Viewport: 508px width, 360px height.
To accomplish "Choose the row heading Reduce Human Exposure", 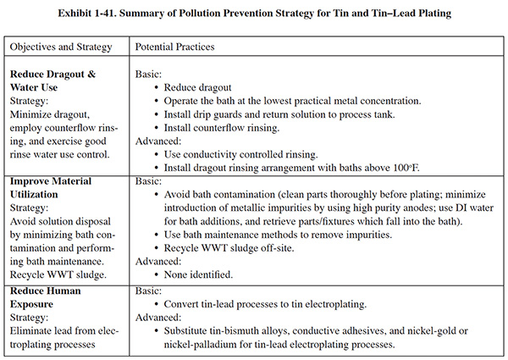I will [47, 297].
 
